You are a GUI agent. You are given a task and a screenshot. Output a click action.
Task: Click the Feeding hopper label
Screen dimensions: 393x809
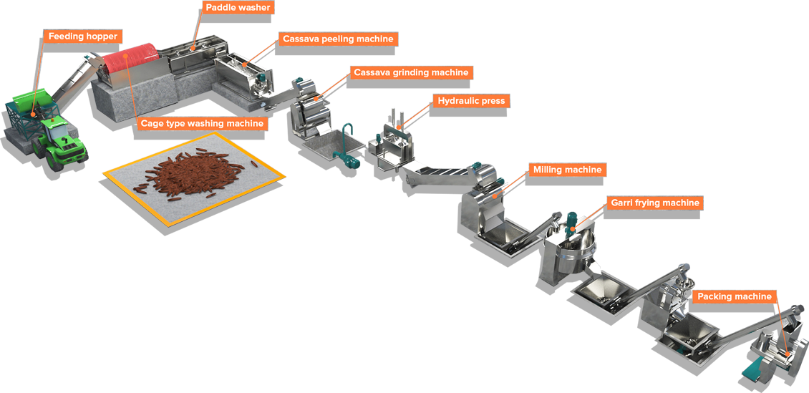tap(82, 36)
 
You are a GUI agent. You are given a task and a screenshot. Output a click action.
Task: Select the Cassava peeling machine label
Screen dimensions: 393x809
tap(338, 39)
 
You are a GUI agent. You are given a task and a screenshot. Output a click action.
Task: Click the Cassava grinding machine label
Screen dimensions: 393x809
tap(411, 72)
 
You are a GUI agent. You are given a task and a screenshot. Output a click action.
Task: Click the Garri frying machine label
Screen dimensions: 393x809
tap(654, 203)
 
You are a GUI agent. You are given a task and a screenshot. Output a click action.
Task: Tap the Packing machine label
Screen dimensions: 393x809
tap(734, 296)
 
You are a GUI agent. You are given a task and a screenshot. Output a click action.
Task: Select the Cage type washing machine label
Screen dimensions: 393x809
tap(202, 123)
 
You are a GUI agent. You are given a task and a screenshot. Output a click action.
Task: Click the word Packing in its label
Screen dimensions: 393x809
tap(716, 296)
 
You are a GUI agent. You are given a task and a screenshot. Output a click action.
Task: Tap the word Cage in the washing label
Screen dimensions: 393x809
tap(152, 123)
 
